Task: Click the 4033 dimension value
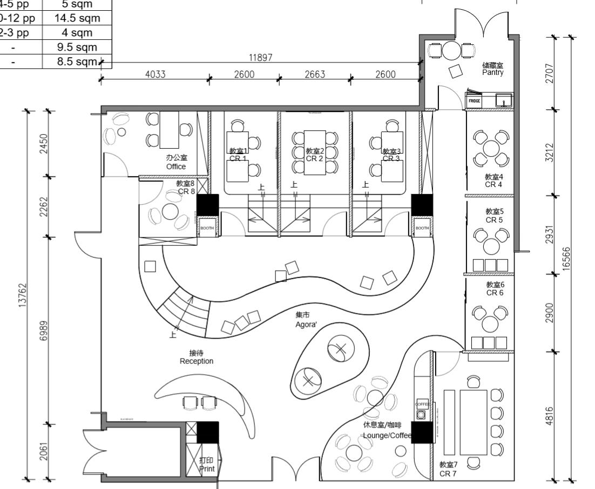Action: pos(155,75)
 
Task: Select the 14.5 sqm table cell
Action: pos(76,18)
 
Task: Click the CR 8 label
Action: pos(185,187)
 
